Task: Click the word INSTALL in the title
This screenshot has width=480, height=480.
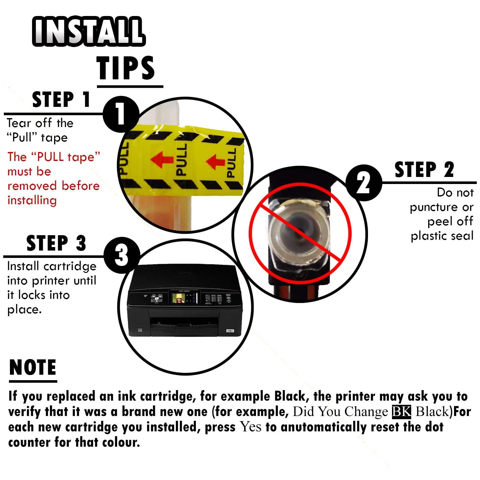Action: point(89,31)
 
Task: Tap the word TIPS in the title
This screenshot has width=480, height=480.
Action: point(125,68)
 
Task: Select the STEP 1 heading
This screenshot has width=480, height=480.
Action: point(61,100)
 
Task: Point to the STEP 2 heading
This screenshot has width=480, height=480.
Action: point(424,170)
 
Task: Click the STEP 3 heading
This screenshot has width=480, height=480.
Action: point(56,243)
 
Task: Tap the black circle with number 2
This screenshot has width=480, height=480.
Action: point(364,183)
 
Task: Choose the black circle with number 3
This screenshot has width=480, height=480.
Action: point(122,255)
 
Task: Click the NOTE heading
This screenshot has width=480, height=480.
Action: point(33,367)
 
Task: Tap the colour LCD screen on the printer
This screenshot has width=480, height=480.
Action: point(179,298)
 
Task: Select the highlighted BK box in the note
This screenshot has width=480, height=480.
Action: point(401,412)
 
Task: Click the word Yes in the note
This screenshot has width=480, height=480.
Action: point(251,427)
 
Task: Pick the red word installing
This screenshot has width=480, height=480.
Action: point(32,200)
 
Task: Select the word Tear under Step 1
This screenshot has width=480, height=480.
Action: point(19,123)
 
